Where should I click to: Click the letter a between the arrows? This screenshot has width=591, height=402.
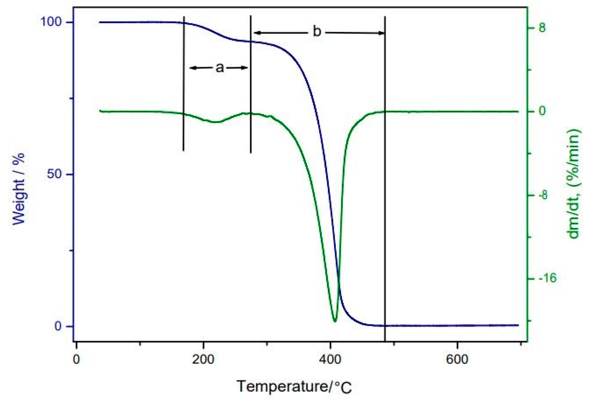[220, 68]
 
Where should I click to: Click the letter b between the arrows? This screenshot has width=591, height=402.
[317, 32]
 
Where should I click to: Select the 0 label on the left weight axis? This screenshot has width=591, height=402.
[58, 326]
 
